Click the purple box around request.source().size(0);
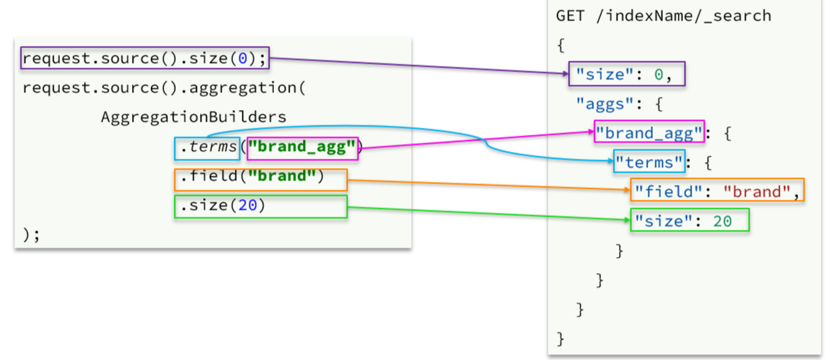[x=145, y=58]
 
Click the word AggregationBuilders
[x=193, y=117]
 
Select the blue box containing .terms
[x=207, y=148]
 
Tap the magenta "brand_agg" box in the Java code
[x=302, y=148]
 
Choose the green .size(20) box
[x=261, y=207]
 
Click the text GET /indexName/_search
[x=664, y=16]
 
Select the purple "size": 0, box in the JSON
[x=626, y=74]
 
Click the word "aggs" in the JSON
[x=597, y=103]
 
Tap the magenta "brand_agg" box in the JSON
[x=649, y=132]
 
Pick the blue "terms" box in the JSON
[x=649, y=162]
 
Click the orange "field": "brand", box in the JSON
[x=717, y=191]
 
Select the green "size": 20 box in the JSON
[x=689, y=220]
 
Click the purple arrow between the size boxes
[x=418, y=66]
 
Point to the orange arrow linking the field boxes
[x=486, y=185]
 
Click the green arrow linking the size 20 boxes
[x=486, y=213]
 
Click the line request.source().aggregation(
[x=163, y=87]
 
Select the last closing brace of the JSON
[x=560, y=339]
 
